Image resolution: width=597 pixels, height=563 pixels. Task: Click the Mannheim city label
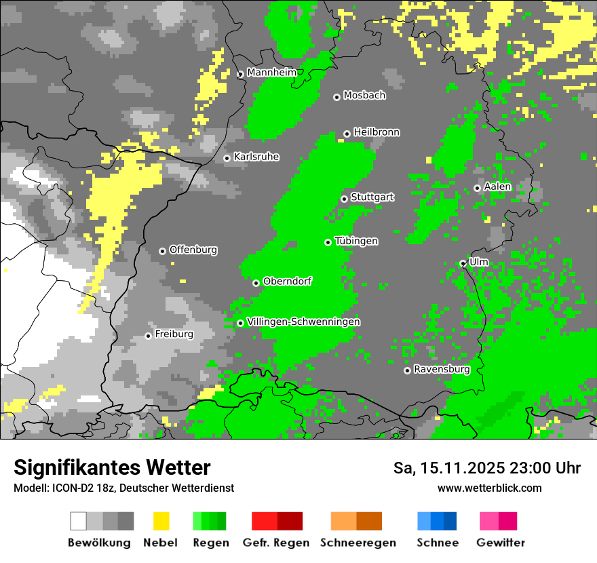272,73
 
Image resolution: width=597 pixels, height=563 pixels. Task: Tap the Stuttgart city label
372,197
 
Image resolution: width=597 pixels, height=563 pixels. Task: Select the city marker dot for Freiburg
148,336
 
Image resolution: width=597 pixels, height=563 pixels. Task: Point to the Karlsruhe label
256,157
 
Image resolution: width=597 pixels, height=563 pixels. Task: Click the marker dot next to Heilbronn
347,134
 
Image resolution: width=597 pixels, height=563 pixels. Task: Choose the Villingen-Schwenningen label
304,322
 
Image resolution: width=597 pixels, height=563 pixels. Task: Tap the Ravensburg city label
442,370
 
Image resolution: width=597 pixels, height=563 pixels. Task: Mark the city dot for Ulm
463,263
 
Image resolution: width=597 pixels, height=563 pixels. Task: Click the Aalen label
497,187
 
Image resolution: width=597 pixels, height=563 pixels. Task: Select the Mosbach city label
364,96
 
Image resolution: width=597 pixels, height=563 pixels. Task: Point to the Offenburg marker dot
162,251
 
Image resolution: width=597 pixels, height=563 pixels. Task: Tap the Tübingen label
356,241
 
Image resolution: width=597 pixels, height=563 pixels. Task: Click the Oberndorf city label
287,281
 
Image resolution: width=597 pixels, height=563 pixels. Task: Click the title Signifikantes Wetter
112,468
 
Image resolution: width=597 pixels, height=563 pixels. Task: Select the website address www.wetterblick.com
489,488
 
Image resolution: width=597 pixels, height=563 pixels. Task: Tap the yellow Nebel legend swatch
161,521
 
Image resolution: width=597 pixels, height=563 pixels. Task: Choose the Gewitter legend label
501,543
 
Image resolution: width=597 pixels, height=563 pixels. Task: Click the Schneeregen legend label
358,543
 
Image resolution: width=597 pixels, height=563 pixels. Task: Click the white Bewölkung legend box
79,521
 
